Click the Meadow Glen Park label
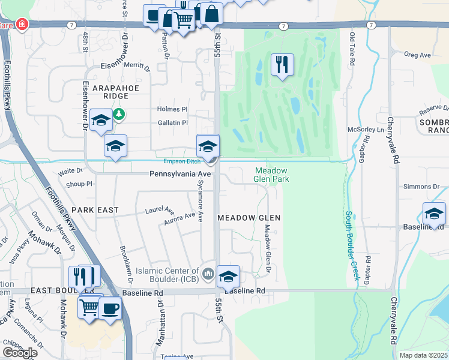(x=271, y=175)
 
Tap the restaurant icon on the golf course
(x=282, y=64)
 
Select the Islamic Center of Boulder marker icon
(x=208, y=274)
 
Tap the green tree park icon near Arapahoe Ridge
(x=119, y=113)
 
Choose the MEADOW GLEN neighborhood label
(x=249, y=217)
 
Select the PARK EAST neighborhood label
(x=95, y=210)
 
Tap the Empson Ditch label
(x=181, y=161)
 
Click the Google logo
(x=20, y=352)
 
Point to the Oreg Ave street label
(x=418, y=55)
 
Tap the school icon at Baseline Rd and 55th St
(x=228, y=275)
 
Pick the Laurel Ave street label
(x=159, y=211)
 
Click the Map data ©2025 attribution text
(x=424, y=355)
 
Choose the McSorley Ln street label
(x=366, y=130)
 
